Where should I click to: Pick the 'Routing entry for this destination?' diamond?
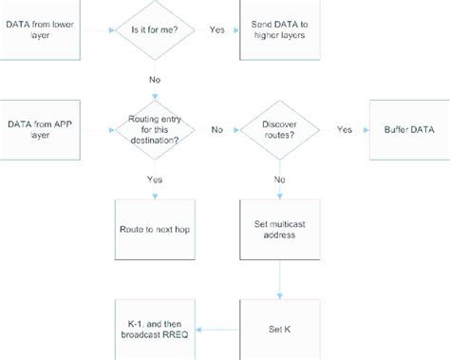(x=153, y=129)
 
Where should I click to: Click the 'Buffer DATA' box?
(x=408, y=129)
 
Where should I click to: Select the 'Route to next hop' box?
(x=153, y=229)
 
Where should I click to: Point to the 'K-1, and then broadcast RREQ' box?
(x=153, y=330)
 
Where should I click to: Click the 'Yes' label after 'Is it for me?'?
(x=216, y=29)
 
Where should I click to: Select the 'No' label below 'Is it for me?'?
(x=153, y=81)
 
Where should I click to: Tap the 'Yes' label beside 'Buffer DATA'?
(x=344, y=129)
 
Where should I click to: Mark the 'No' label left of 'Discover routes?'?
(x=216, y=129)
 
